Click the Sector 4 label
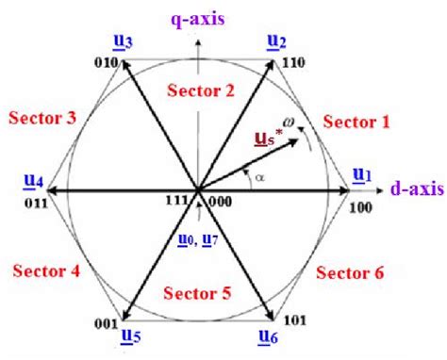tap(44, 270)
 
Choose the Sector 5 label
tap(199, 293)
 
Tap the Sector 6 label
tap(349, 272)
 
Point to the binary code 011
tap(35, 202)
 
